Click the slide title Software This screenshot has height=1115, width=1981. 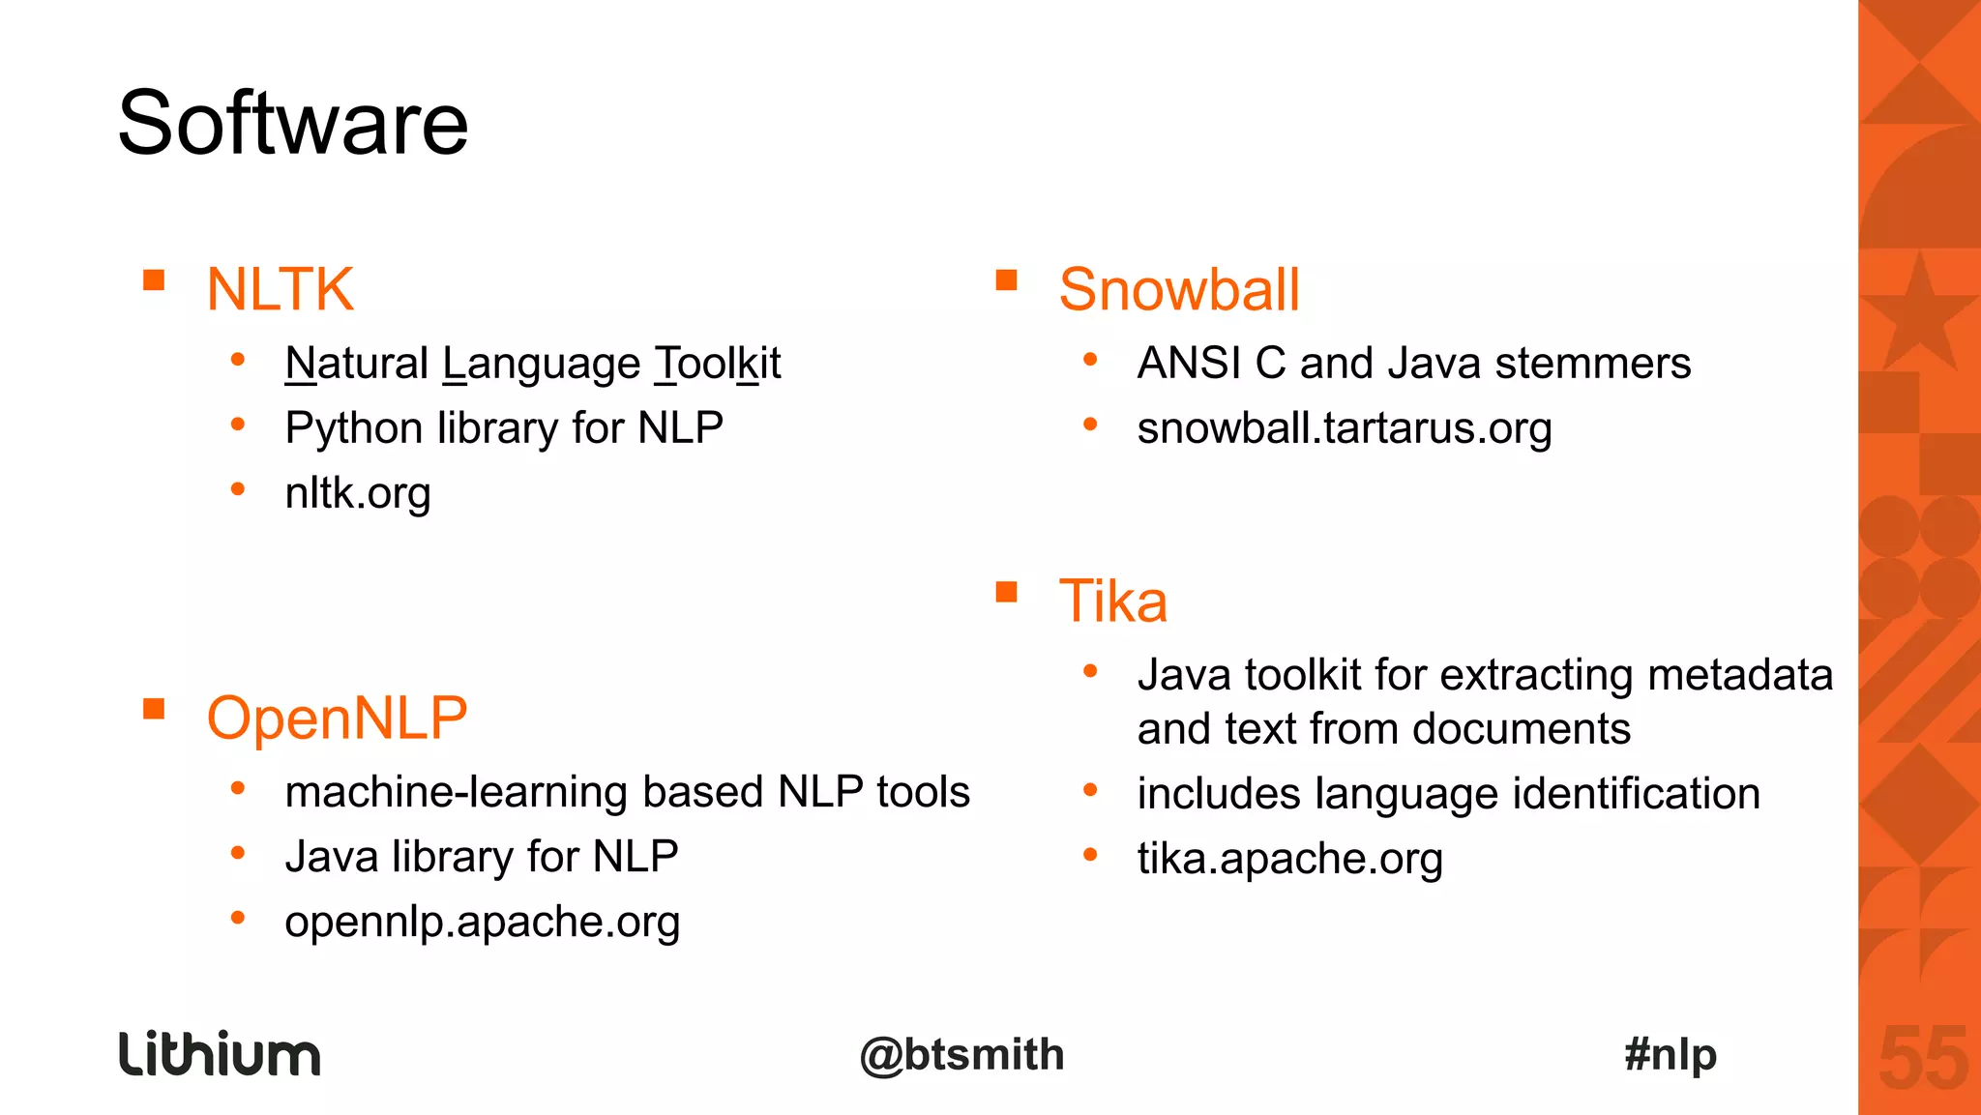pos(292,123)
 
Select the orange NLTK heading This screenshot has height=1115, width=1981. pos(280,289)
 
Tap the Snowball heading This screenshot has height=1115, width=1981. pos(1178,289)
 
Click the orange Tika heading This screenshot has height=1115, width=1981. pos(1112,601)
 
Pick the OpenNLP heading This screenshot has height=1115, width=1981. pos(337,719)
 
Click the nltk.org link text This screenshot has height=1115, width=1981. pos(357,493)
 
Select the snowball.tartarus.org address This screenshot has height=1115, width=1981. pos(1344,428)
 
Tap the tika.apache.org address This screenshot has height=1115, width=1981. pos(1288,859)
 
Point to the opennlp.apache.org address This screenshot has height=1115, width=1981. pos(482,922)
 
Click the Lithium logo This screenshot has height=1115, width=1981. pos(220,1054)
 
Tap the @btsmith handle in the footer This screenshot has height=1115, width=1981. pos(961,1055)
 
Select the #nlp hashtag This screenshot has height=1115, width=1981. pos(1671,1054)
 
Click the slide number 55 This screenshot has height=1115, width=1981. pos(1923,1060)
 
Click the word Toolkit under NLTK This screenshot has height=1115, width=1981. pos(717,364)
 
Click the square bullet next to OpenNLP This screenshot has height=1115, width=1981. pos(154,710)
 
